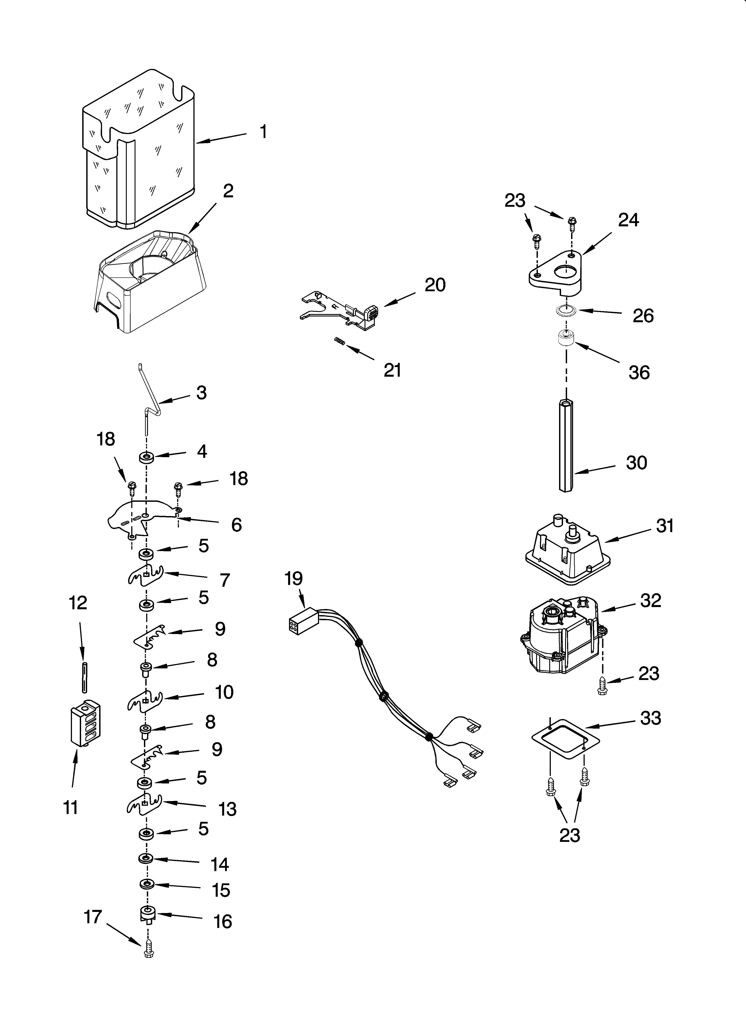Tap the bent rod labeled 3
click(x=149, y=405)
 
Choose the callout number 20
click(x=435, y=285)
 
